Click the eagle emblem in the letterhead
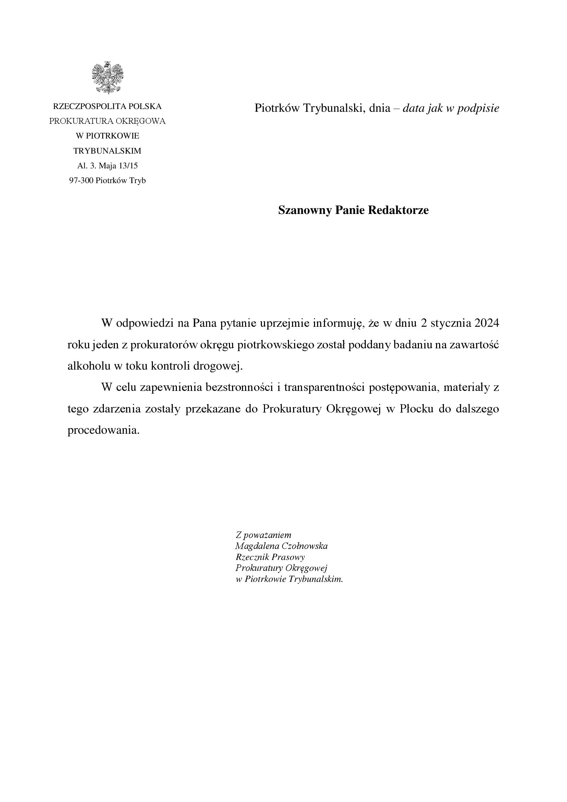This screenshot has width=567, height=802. click(x=108, y=77)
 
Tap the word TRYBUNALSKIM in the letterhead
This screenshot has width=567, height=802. click(x=107, y=151)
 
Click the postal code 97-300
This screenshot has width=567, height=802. click(x=81, y=181)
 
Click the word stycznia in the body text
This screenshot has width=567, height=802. click(x=451, y=323)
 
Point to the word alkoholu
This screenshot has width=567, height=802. click(x=88, y=366)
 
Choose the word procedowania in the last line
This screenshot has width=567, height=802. click(x=103, y=430)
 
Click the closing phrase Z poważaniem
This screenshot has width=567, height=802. click(x=263, y=535)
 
